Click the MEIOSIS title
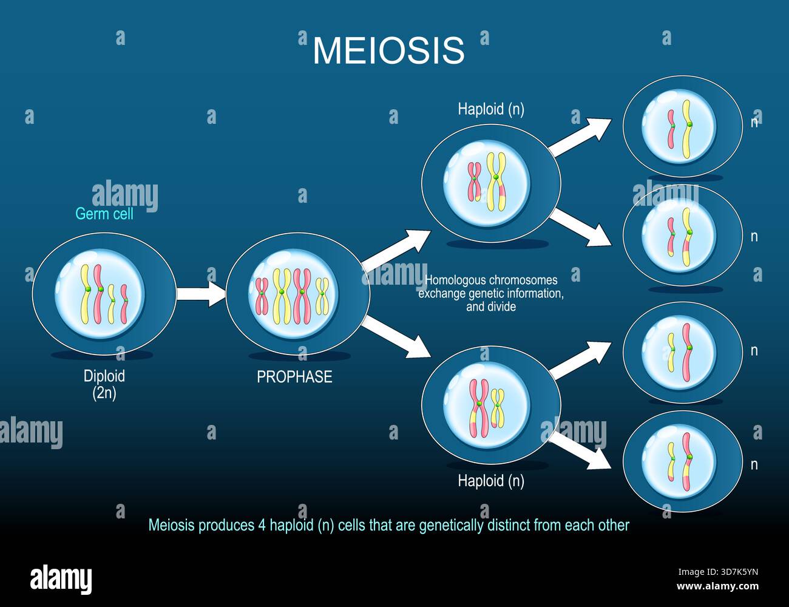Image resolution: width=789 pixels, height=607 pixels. [x=388, y=50]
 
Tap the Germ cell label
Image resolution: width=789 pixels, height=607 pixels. [x=104, y=214]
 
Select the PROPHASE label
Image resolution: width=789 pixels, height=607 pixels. [x=294, y=377]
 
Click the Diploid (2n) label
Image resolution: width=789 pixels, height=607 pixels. [x=104, y=384]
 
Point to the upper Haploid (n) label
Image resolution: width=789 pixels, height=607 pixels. [x=490, y=109]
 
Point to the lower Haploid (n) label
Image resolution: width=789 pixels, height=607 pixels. [x=490, y=481]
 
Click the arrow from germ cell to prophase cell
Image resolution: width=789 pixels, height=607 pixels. [x=200, y=294]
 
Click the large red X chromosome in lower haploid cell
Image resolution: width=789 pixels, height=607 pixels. [x=478, y=409]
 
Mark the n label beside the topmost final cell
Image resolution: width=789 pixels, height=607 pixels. [x=754, y=121]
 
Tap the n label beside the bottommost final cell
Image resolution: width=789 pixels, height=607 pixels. [x=754, y=465]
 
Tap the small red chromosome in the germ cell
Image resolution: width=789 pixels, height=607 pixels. [x=124, y=303]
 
